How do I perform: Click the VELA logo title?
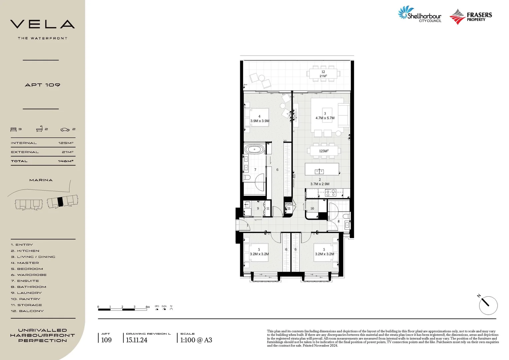(x=42, y=24)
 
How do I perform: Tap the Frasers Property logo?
(x=470, y=17)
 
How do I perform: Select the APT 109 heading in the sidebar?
(x=42, y=85)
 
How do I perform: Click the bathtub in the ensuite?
(x=255, y=149)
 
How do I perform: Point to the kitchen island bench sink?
(x=319, y=171)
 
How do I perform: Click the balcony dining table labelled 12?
(x=323, y=74)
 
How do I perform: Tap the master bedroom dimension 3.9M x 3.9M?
(x=259, y=121)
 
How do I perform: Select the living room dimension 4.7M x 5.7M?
(x=325, y=118)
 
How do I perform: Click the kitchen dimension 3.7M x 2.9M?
(x=320, y=184)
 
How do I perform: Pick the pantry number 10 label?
(x=312, y=208)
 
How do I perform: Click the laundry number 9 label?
(x=258, y=209)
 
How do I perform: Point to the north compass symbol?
(x=488, y=305)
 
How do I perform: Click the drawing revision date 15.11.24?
(x=137, y=340)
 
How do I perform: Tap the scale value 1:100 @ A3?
(x=196, y=340)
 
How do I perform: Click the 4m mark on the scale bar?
(x=147, y=307)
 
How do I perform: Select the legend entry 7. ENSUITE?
(x=25, y=281)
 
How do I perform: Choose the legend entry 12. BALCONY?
(x=27, y=311)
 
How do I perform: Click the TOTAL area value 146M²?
(x=66, y=161)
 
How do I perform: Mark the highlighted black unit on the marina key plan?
(x=60, y=202)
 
